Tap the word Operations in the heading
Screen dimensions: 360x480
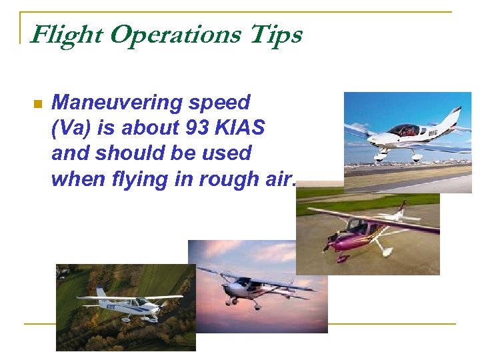coord(175,35)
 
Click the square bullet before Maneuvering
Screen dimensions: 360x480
coord(37,104)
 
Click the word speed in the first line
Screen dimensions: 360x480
coord(219,103)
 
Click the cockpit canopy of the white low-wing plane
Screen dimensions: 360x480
coord(404,129)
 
